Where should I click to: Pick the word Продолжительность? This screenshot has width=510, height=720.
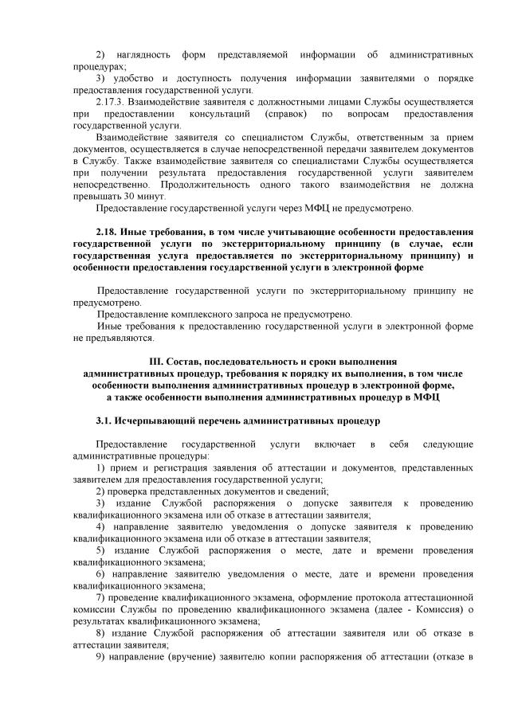(x=169, y=184)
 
